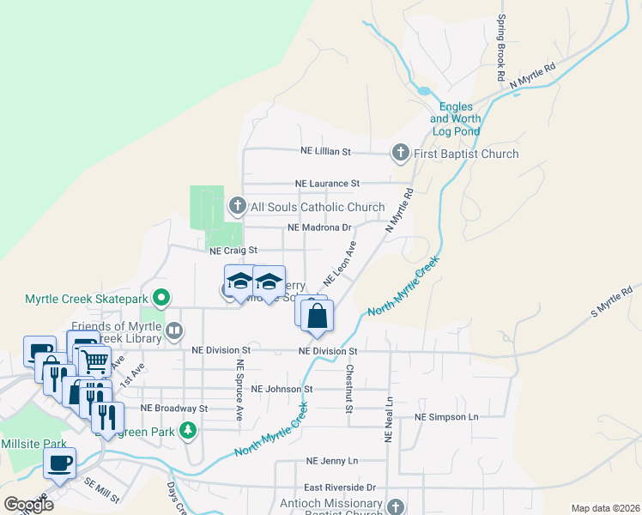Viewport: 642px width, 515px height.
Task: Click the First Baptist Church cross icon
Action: point(400,154)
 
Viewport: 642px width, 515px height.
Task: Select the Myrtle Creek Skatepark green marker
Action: point(160,299)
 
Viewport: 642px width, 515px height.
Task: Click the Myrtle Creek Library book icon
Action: point(174,330)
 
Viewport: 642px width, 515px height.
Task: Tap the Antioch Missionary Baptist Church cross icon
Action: point(395,507)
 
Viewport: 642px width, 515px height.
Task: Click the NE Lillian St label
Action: point(326,151)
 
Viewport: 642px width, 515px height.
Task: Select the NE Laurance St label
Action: point(327,184)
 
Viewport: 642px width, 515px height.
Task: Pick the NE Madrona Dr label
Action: point(320,228)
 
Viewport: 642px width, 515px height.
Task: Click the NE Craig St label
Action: point(234,251)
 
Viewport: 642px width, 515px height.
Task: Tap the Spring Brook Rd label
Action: point(500,48)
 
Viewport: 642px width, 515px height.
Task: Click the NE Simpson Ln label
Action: point(445,416)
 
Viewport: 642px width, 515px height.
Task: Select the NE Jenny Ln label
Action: point(331,461)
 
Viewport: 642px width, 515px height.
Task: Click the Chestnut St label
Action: point(349,390)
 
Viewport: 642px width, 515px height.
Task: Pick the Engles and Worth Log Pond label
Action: point(455,119)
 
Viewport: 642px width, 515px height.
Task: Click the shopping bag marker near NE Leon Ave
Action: point(317,315)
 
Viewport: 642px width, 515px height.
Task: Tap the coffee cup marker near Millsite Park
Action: point(59,463)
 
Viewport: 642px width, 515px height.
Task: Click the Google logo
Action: point(28,505)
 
